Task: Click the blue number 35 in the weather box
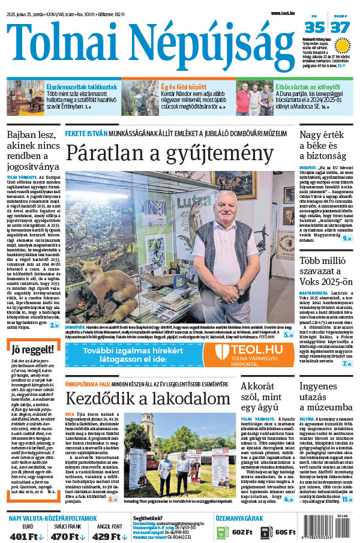pyautogui.click(x=314, y=28)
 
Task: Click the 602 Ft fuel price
pyautogui.click(x=241, y=532)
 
